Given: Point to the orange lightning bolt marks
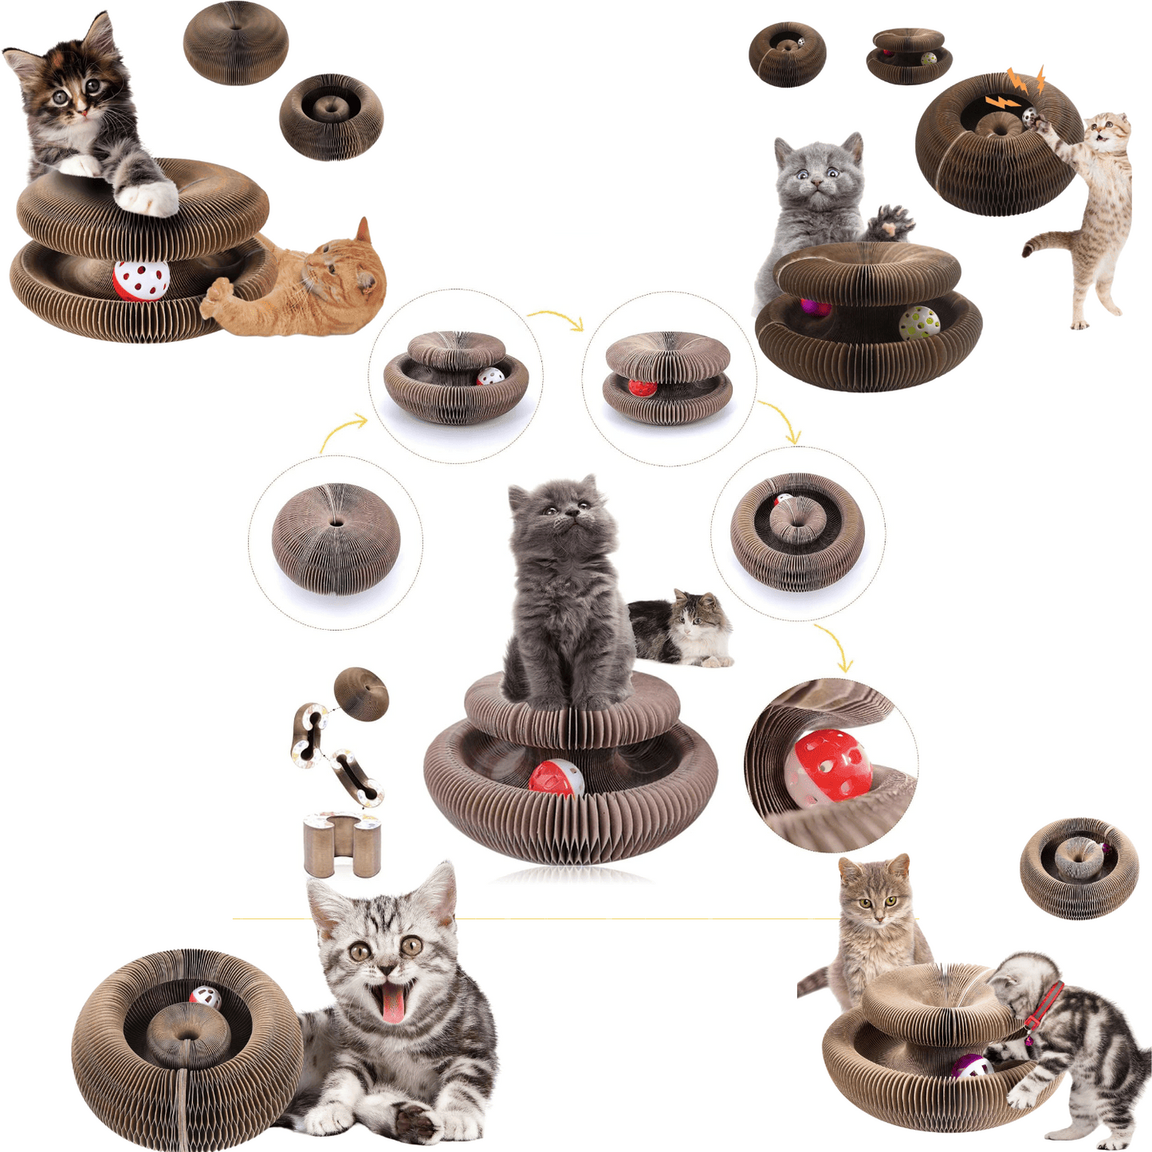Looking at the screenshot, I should pos(1016,88).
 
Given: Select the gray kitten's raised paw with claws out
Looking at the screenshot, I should pos(891,222).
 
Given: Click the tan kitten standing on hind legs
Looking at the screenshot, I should pos(1092,207).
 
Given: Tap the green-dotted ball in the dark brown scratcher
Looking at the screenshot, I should pos(919,322).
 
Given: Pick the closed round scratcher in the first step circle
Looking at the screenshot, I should pos(336,539).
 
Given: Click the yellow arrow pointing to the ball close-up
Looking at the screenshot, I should pos(837,646).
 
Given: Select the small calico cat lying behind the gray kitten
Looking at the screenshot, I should pos(686,630).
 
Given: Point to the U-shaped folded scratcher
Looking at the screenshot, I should pos(343,843).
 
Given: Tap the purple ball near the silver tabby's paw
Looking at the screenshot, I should pos(969,1067).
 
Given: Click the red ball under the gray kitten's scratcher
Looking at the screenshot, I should pos(556,778).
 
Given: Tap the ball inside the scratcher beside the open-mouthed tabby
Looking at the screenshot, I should pos(206,997).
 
